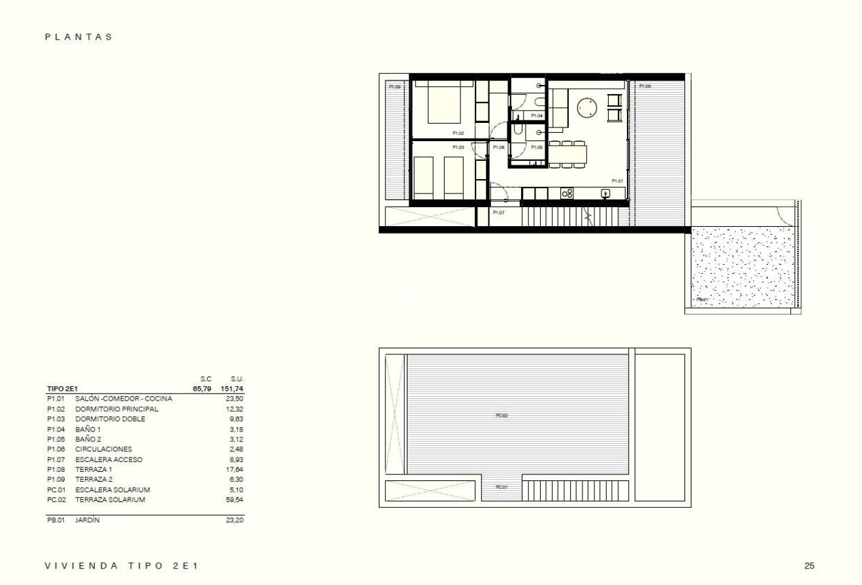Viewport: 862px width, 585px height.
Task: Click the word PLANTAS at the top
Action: tap(78, 37)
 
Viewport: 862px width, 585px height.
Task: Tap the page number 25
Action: tap(810, 566)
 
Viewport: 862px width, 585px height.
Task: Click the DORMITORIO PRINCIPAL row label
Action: tap(116, 409)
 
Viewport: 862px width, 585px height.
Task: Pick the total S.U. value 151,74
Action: tap(232, 389)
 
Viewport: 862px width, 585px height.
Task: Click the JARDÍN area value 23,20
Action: tap(234, 520)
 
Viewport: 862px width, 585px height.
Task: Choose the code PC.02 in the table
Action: tap(56, 500)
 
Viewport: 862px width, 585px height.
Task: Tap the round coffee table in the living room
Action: tap(587, 108)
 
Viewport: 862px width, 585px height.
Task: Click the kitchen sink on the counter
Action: tap(605, 193)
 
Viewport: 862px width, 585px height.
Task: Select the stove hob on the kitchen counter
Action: tap(567, 193)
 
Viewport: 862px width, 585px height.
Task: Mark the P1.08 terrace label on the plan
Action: tap(645, 86)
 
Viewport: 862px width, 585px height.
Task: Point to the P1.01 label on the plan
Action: tap(617, 181)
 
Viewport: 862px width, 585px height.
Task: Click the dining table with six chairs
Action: tap(567, 154)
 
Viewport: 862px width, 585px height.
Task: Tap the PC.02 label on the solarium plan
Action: tap(502, 416)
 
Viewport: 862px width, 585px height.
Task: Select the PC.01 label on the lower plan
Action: tap(502, 487)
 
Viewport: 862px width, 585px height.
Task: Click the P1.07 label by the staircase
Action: tap(498, 213)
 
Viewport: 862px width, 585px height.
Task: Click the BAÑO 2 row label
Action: tap(88, 439)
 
